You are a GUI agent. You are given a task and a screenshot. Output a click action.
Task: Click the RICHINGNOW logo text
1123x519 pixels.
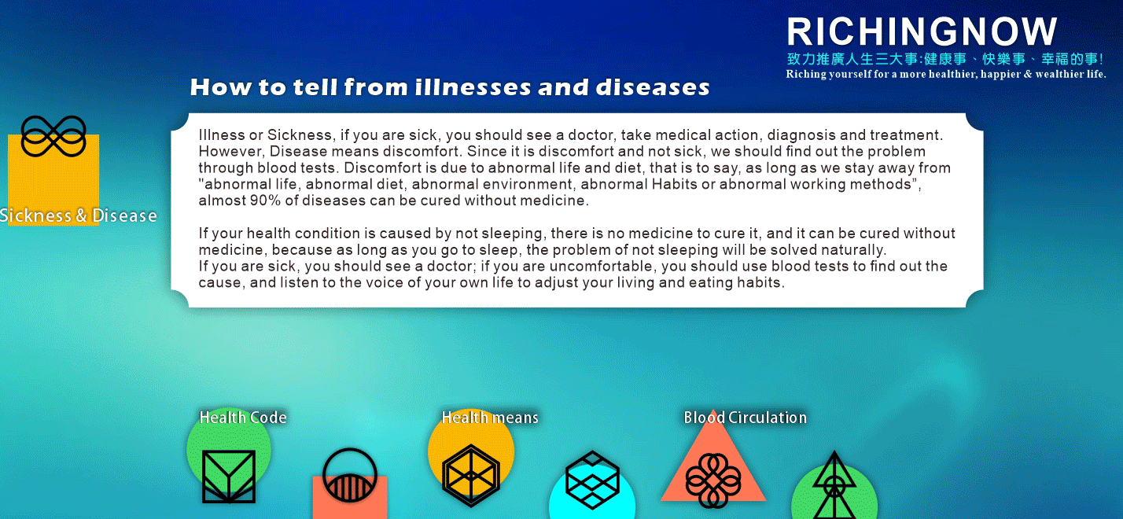pyautogui.click(x=922, y=31)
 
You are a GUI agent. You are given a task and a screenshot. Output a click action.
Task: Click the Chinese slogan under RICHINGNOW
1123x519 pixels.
pyautogui.click(x=945, y=59)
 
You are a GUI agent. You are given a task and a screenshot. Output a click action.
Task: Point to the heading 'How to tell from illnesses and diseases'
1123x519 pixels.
pyautogui.click(x=450, y=87)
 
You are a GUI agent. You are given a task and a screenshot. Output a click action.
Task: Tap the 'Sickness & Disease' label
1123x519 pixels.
pyautogui.click(x=78, y=215)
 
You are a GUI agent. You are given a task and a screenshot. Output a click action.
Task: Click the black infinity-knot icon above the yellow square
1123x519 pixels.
pyautogui.click(x=53, y=136)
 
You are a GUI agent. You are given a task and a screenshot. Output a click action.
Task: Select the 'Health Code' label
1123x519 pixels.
pyautogui.click(x=243, y=418)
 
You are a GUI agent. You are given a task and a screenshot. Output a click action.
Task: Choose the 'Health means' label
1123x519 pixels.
pyautogui.click(x=490, y=418)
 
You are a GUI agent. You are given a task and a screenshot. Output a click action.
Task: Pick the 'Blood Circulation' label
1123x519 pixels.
pyautogui.click(x=745, y=418)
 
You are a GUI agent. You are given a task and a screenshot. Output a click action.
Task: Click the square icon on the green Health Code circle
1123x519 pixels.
pyautogui.click(x=229, y=477)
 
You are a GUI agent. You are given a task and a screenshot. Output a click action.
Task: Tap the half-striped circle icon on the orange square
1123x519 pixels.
pyautogui.click(x=350, y=475)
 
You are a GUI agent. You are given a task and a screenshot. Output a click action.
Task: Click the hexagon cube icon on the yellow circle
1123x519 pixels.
pyautogui.click(x=471, y=476)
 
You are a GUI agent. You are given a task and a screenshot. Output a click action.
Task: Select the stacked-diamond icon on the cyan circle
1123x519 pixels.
pyautogui.click(x=592, y=480)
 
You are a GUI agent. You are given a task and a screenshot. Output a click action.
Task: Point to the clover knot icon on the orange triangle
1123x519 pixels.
pyautogui.click(x=713, y=480)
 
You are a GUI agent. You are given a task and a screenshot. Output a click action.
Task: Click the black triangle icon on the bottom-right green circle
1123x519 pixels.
pyautogui.click(x=834, y=485)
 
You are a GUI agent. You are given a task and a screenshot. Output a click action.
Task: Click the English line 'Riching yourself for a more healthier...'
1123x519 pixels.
pyautogui.click(x=945, y=74)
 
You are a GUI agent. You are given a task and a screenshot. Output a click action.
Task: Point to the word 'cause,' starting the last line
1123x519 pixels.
pyautogui.click(x=222, y=283)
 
